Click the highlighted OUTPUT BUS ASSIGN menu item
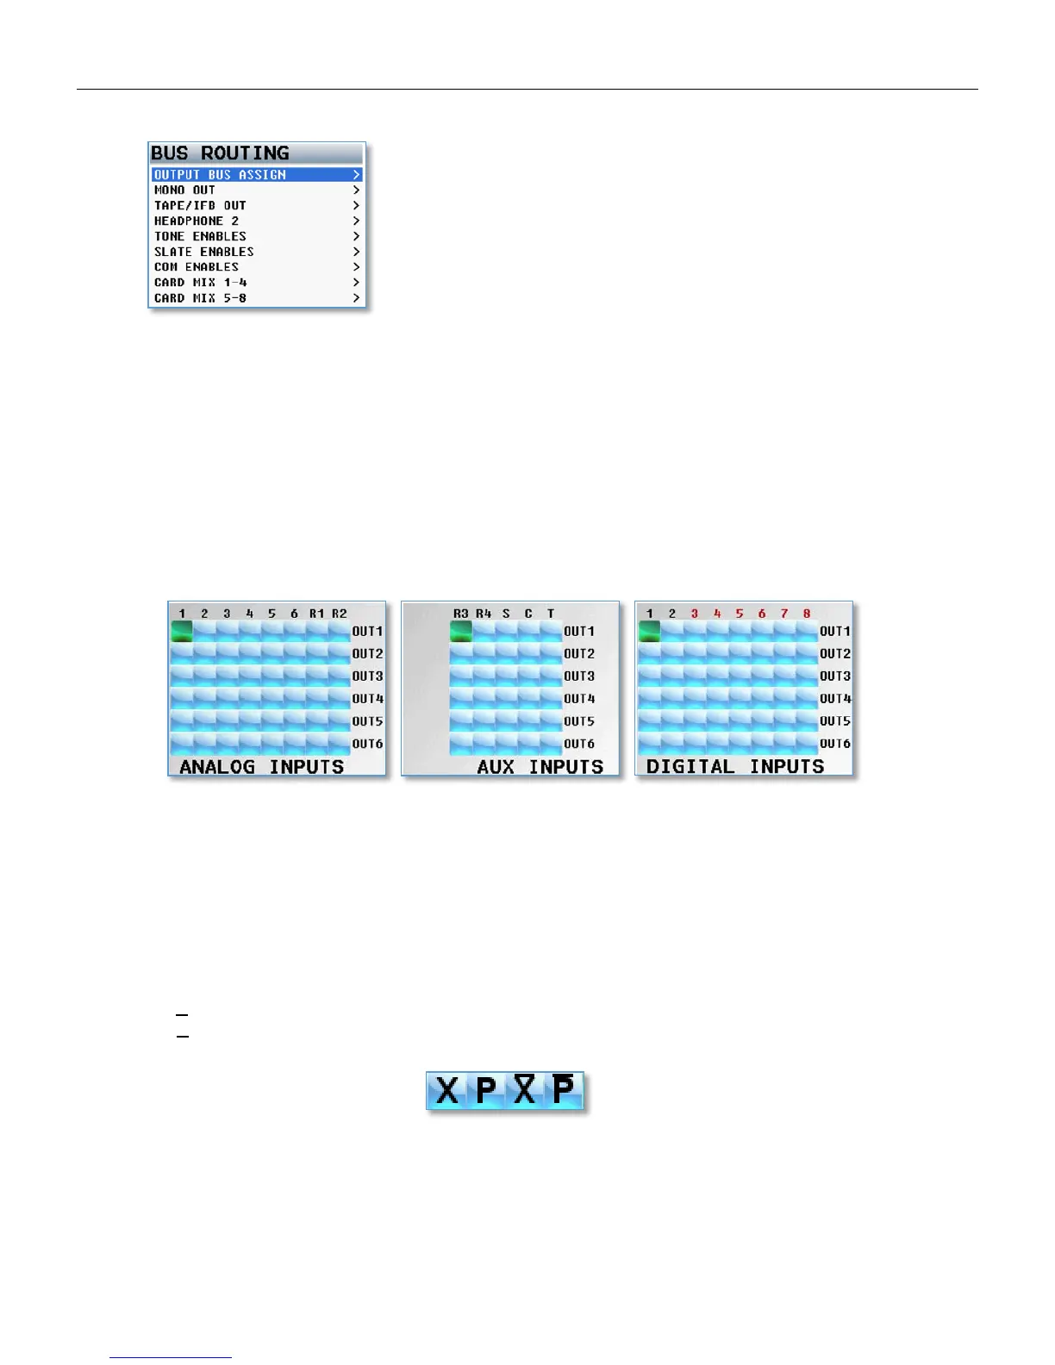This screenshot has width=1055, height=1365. (x=256, y=174)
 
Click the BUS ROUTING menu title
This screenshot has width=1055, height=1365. (x=221, y=153)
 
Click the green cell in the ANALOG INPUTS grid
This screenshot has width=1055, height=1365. (x=182, y=632)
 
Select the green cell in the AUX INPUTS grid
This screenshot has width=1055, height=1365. (x=461, y=632)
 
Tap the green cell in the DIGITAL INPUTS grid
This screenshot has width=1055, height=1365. (x=650, y=632)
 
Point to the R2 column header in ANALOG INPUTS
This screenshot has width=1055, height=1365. (x=340, y=614)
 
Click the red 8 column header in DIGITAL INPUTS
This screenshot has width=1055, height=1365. (x=807, y=614)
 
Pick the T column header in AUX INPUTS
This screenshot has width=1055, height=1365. (x=551, y=614)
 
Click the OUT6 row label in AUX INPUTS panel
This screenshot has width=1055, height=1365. (x=579, y=744)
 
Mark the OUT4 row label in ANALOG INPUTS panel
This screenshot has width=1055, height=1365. (x=367, y=699)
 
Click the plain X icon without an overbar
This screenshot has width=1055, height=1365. (x=447, y=1091)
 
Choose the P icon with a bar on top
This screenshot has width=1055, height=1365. (x=564, y=1091)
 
